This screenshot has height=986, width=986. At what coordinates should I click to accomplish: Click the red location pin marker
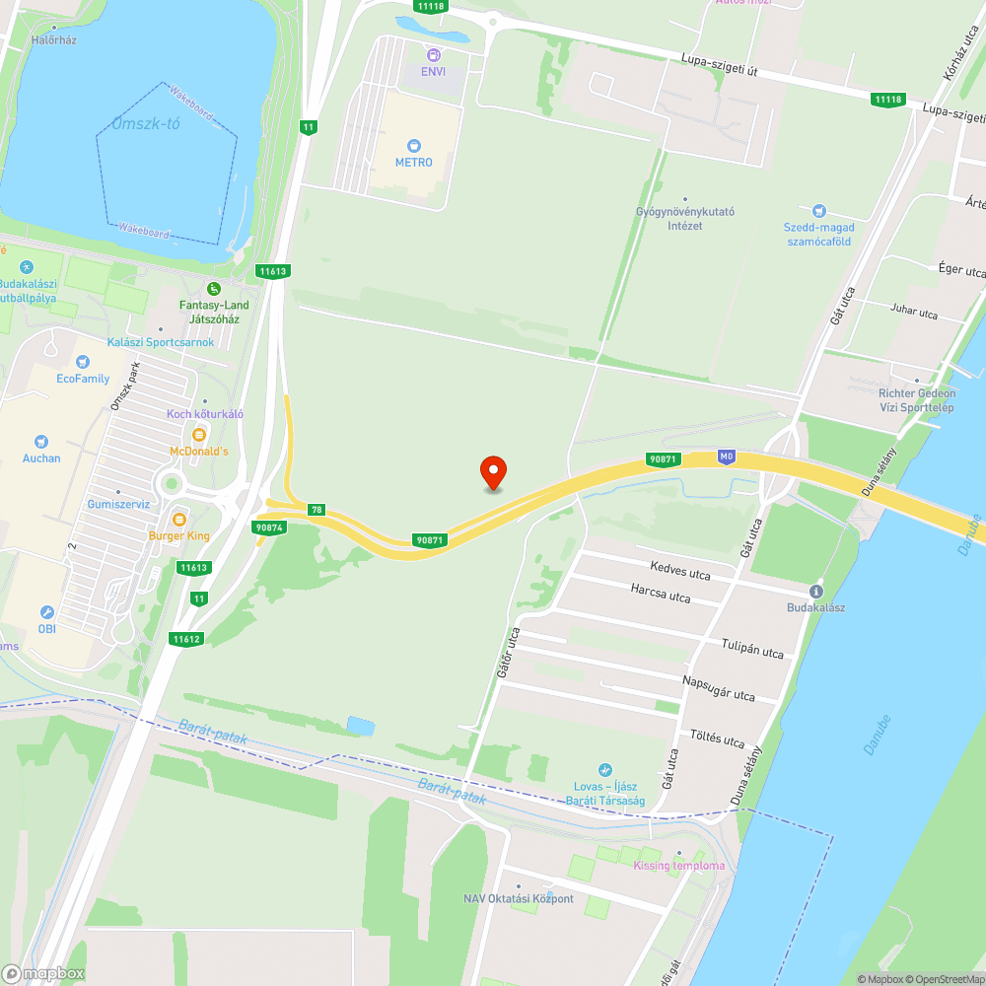[x=492, y=472]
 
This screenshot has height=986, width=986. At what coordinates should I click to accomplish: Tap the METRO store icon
[x=414, y=145]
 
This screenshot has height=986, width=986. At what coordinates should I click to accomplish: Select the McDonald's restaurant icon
[x=199, y=434]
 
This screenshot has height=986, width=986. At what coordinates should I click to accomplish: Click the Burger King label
[x=179, y=535]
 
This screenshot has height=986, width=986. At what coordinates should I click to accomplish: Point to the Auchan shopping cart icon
[x=41, y=442]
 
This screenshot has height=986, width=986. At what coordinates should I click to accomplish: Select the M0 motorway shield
[x=728, y=457]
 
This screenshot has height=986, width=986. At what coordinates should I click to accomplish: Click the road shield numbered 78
[x=316, y=510]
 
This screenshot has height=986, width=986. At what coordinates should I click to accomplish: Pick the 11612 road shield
[x=185, y=639]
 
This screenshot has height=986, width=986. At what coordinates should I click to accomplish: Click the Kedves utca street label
[x=680, y=571]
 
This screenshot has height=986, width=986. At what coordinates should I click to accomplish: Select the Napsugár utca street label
[x=718, y=687]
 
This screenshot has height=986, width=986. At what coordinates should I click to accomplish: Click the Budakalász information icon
[x=815, y=591]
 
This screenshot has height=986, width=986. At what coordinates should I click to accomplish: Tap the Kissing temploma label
[x=678, y=866]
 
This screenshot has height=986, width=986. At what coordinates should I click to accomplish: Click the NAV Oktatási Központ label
[x=519, y=898]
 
